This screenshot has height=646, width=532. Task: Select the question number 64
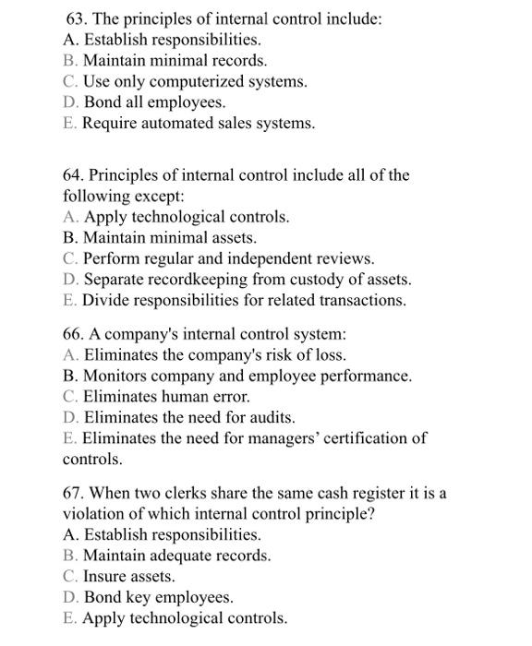pos(73,174)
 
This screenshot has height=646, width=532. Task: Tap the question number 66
pos(73,333)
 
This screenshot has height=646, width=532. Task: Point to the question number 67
pos(73,493)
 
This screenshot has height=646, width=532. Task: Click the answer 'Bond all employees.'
pos(154,102)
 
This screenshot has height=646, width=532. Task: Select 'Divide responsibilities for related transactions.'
pos(244,300)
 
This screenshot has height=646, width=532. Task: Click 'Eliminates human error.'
pos(167,396)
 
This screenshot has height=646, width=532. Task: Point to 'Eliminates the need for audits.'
pos(189,417)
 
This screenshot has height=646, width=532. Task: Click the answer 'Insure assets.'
pos(128,577)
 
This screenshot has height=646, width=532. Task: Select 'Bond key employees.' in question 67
pos(158,597)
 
